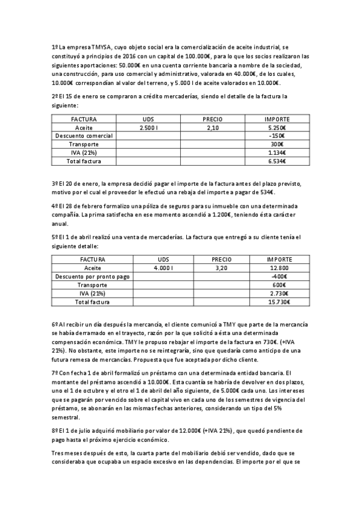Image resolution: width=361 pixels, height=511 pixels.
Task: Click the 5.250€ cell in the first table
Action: pos(277,128)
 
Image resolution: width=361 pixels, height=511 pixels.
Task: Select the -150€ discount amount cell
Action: pos(277,136)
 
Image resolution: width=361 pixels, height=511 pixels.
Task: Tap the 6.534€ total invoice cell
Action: pos(277,161)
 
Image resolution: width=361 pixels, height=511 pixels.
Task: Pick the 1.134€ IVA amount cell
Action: pos(277,153)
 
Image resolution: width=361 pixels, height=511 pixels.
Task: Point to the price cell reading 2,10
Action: pos(212,128)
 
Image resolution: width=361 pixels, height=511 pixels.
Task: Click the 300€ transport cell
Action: pos(277,145)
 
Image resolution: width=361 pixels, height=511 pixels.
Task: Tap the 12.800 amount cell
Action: pos(278,268)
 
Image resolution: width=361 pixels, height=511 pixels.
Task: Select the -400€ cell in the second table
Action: pos(278,276)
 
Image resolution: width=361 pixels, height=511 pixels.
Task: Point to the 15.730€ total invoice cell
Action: pos(278,301)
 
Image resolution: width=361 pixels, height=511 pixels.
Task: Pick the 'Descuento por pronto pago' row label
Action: pos(92,276)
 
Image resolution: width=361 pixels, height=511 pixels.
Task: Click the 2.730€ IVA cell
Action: pos(278,293)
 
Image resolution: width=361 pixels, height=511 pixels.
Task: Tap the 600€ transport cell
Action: pos(278,284)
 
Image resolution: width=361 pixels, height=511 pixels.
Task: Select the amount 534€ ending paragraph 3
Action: pos(266,192)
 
